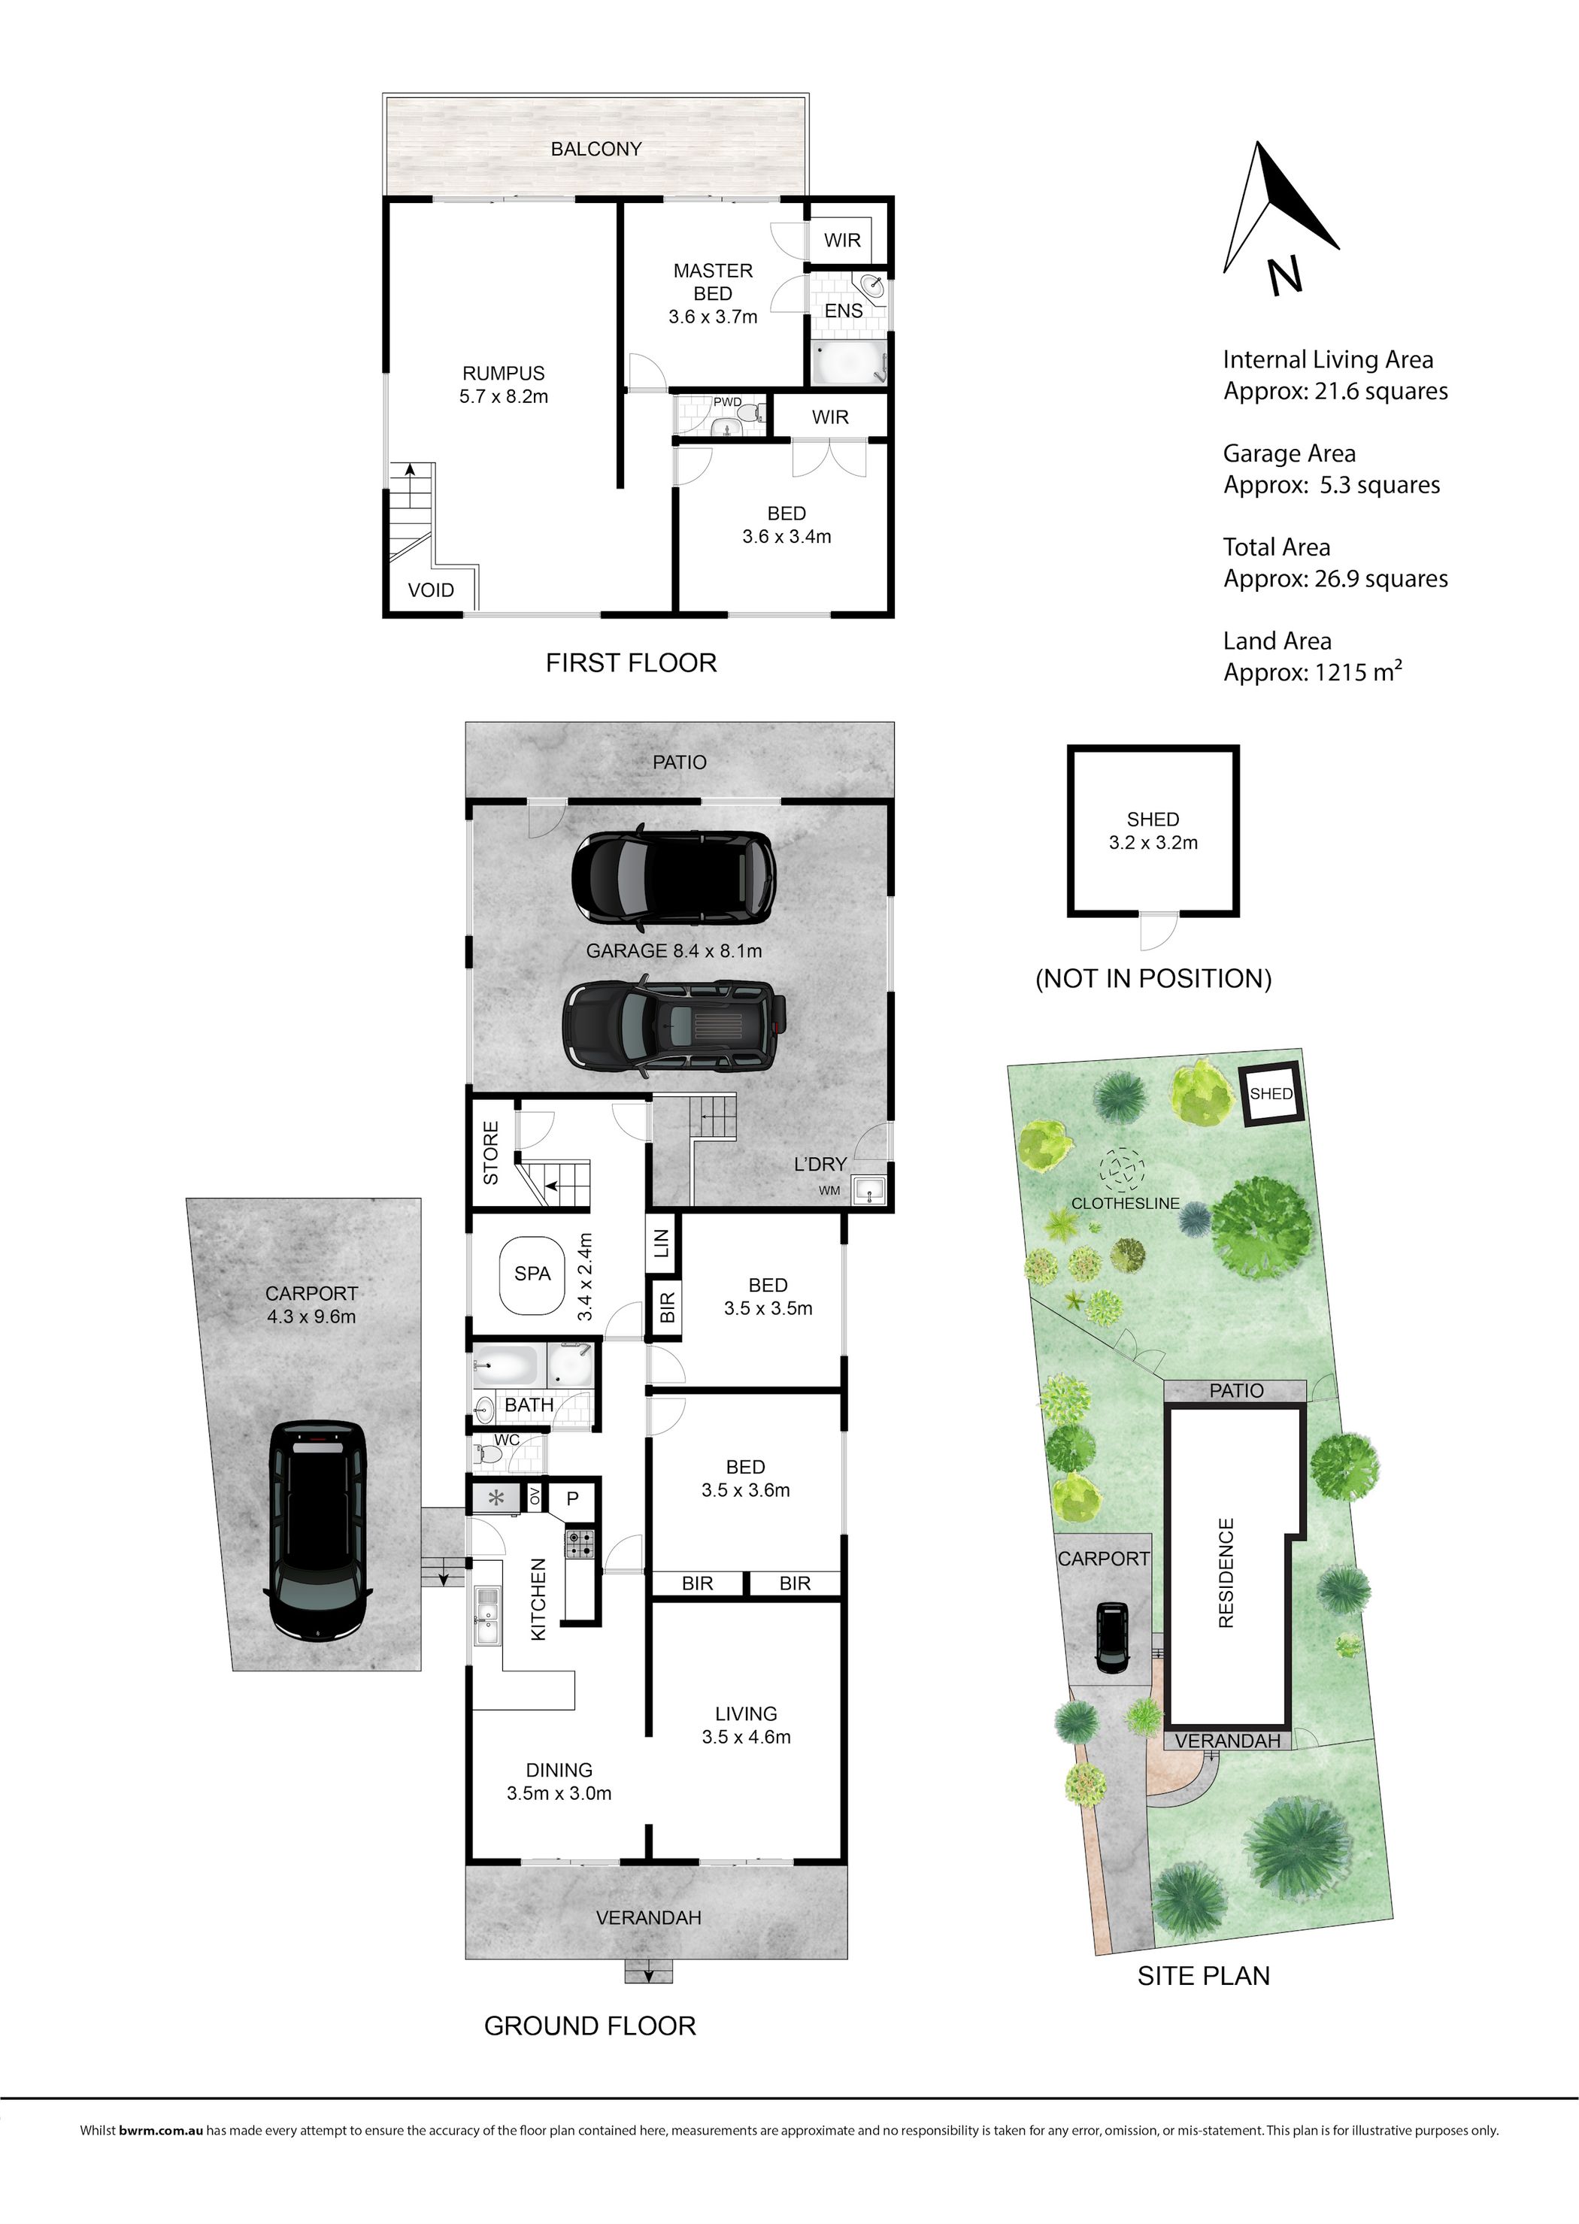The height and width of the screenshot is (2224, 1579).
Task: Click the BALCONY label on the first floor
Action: point(596,149)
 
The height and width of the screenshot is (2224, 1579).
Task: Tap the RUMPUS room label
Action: point(503,373)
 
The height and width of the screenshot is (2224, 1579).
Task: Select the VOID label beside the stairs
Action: point(431,590)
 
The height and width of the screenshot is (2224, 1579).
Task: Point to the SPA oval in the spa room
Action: point(532,1274)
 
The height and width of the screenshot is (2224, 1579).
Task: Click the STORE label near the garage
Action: point(491,1153)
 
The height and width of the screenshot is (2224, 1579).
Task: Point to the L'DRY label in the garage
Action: point(820,1164)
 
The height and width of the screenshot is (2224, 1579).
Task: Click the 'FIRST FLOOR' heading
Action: point(631,663)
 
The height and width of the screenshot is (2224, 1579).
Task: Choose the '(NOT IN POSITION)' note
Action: point(1153,978)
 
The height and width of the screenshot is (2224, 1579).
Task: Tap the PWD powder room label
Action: point(727,401)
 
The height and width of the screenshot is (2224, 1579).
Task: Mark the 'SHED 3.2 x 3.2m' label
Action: point(1153,831)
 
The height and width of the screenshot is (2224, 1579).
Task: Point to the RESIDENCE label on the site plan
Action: point(1226,1572)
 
